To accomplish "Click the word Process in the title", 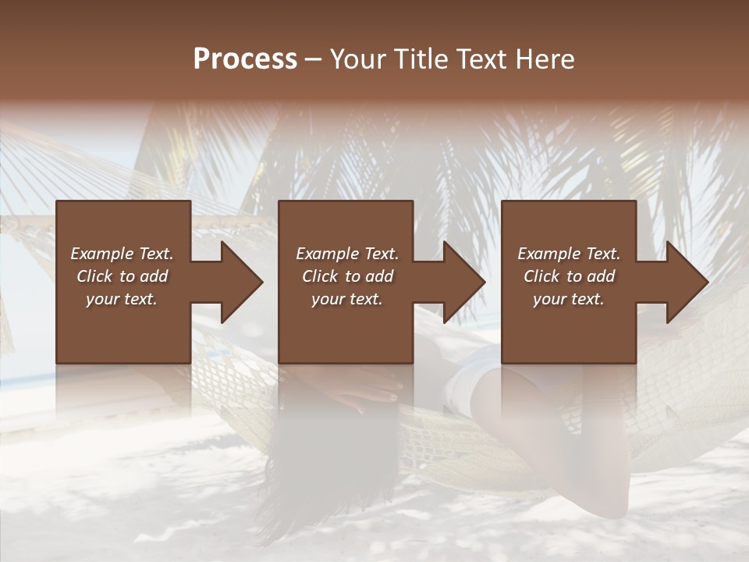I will coord(245,59).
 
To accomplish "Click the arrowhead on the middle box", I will coord(463,282).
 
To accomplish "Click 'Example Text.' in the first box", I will coord(122,254).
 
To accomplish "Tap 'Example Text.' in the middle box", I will coord(347,254).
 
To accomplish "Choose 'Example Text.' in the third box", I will coord(569,254).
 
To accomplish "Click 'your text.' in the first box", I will coord(122,299).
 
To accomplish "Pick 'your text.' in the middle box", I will coord(347,299).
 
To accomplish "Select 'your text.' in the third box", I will coord(569,299).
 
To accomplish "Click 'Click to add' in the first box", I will coord(122,276).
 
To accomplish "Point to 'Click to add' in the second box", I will coord(347,276).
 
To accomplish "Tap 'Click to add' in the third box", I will coord(569,276).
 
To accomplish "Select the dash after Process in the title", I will coord(314,59).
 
